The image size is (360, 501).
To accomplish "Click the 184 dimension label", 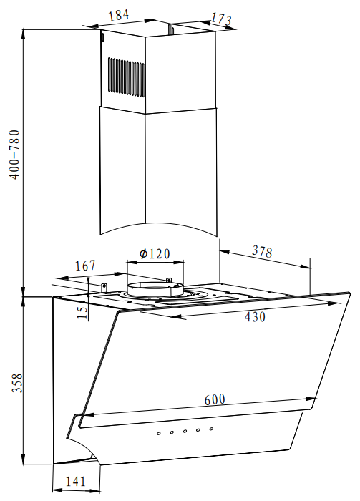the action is [x=119, y=15].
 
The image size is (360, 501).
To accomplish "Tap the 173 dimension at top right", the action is [x=221, y=19].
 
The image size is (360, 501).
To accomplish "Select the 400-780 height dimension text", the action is [x=15, y=155].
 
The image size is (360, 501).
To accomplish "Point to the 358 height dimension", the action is [x=17, y=383].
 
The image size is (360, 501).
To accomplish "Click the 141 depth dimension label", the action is [x=76, y=481].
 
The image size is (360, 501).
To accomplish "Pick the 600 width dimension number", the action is [x=215, y=399].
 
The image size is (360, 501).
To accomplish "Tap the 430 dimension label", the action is [x=255, y=316].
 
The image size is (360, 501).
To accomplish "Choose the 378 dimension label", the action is [x=262, y=251].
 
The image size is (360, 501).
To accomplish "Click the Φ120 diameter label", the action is [x=155, y=253].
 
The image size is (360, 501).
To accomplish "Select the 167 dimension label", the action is [x=85, y=266].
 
